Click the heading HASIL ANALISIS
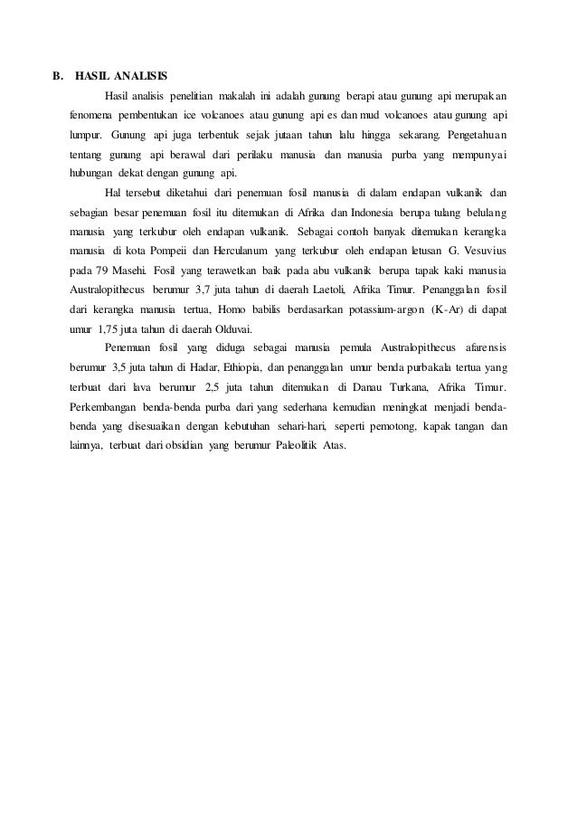[x=122, y=74]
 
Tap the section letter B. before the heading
[x=56, y=74]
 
